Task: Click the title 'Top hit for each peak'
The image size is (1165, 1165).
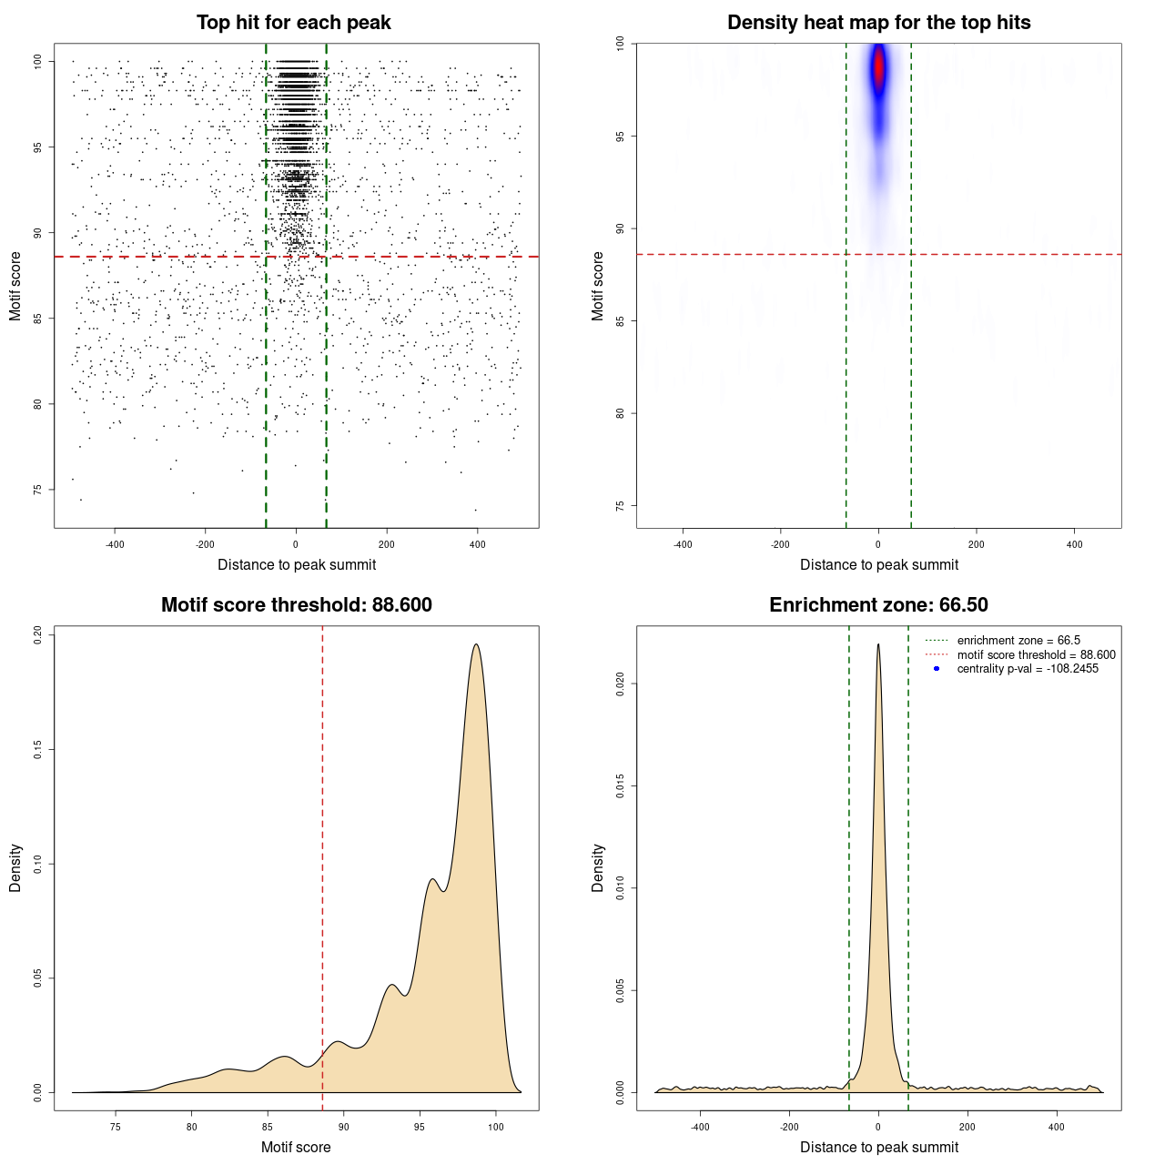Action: click(x=294, y=23)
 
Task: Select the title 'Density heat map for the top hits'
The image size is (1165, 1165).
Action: click(x=878, y=23)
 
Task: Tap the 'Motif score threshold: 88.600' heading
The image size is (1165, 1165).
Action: click(x=296, y=605)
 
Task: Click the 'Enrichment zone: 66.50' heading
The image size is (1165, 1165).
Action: click(x=878, y=605)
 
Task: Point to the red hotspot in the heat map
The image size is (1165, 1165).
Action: click(x=879, y=67)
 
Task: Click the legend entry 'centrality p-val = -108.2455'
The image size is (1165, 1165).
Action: click(x=1028, y=669)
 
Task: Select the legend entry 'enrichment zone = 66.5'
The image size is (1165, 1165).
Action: click(x=1018, y=641)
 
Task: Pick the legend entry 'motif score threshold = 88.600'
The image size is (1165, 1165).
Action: click(x=1036, y=655)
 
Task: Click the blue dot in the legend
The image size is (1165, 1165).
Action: click(x=937, y=669)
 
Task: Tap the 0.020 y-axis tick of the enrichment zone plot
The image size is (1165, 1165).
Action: click(x=621, y=684)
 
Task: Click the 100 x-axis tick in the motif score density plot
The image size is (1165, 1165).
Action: click(x=495, y=1128)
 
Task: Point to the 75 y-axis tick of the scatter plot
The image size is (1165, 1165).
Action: click(x=38, y=490)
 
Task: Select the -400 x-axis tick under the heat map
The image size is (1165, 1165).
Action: click(x=683, y=545)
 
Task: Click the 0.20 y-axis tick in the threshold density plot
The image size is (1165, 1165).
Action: click(x=38, y=634)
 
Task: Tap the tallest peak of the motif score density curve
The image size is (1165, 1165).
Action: click(x=476, y=645)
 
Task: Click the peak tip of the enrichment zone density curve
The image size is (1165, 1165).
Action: click(x=878, y=644)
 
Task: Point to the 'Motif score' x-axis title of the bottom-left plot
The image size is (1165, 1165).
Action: click(x=296, y=1147)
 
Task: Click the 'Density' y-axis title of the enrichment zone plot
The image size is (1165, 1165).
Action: click(x=598, y=867)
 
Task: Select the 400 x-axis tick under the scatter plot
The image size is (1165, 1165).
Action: click(x=477, y=545)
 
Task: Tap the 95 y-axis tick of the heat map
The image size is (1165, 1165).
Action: click(x=621, y=137)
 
